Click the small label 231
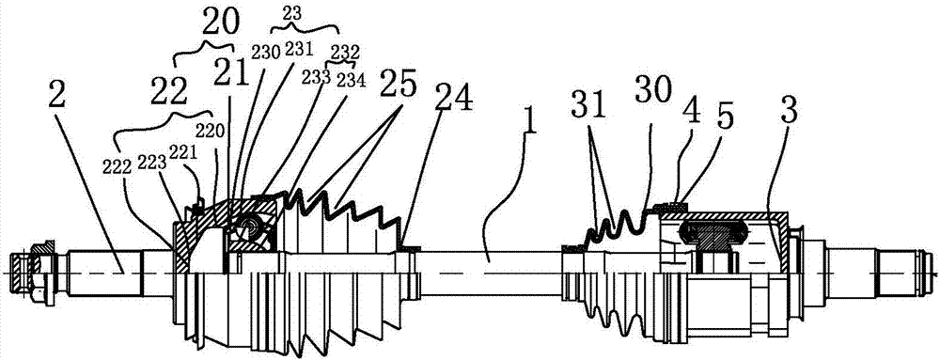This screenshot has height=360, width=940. click(x=295, y=50)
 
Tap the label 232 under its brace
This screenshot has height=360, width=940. click(x=342, y=51)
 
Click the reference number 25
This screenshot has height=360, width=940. click(x=398, y=83)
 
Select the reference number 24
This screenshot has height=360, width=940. click(x=451, y=99)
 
